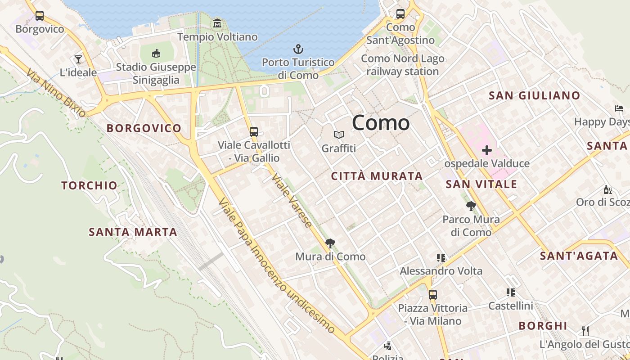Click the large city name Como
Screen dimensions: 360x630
tap(381, 122)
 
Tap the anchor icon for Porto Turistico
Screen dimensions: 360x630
tap(298, 49)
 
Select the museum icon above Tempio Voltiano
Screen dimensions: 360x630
tap(217, 23)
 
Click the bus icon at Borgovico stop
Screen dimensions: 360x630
tap(40, 16)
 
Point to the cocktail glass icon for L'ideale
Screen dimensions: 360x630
tap(78, 59)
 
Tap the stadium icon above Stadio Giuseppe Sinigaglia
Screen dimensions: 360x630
tap(156, 54)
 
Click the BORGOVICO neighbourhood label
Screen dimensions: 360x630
tap(144, 128)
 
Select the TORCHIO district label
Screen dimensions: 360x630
tap(90, 185)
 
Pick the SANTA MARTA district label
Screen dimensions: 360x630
tap(133, 232)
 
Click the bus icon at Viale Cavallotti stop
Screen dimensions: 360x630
tap(254, 132)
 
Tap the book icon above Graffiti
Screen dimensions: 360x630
tap(339, 135)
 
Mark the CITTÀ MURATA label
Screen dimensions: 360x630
tap(377, 176)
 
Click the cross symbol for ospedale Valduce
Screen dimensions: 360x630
tap(486, 150)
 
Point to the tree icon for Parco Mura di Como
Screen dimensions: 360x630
tap(471, 206)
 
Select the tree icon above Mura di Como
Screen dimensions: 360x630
tap(330, 243)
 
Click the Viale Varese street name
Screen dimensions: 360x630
tap(292, 200)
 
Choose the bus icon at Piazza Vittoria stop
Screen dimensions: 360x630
tap(433, 295)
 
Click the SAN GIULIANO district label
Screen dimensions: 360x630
tap(534, 95)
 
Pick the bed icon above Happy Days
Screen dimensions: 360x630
tap(619, 108)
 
